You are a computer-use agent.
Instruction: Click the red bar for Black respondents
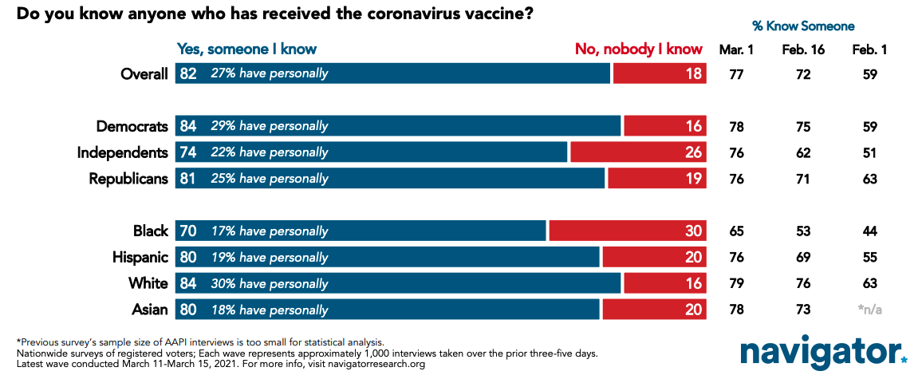point(628,231)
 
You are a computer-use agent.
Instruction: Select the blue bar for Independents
point(372,152)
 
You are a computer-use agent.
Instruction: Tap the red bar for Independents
point(639,152)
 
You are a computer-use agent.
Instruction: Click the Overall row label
point(144,74)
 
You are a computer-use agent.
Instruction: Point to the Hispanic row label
point(140,257)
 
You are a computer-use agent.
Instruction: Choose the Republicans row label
point(128,179)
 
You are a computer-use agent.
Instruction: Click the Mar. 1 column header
point(736,50)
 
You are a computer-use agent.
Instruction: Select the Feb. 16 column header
point(803,50)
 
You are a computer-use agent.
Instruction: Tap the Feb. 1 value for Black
point(869,231)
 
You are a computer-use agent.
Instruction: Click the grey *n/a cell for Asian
point(869,310)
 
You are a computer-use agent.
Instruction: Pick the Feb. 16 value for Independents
point(803,153)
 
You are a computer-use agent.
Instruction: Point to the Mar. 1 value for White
point(736,283)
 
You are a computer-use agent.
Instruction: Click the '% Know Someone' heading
point(803,26)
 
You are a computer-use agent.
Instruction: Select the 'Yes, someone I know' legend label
point(246,49)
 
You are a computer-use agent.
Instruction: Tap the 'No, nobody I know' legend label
point(638,49)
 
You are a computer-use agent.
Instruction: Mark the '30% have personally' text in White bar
point(270,284)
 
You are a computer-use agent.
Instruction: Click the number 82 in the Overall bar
point(188,74)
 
